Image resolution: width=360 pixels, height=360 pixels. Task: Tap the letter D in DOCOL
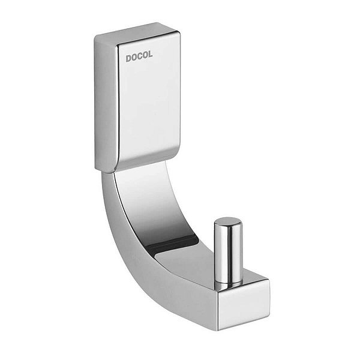click(128, 58)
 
